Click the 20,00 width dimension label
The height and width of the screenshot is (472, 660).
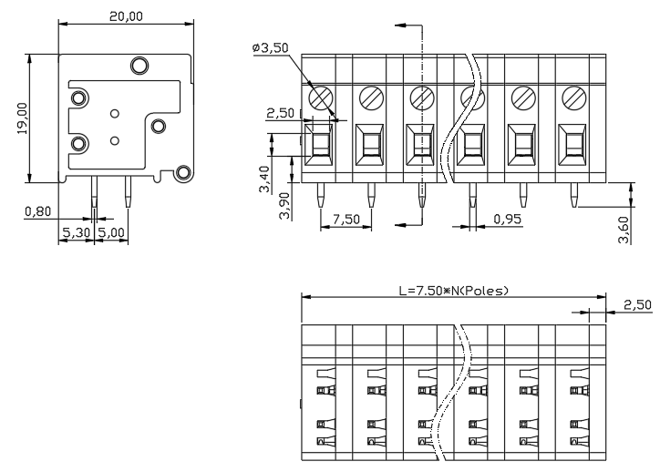(x=126, y=16)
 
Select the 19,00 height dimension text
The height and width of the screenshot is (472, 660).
(x=22, y=118)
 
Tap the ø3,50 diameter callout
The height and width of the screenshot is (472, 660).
(x=271, y=47)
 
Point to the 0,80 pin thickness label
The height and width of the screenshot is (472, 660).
(x=38, y=211)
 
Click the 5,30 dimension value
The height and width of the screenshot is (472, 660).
(x=77, y=232)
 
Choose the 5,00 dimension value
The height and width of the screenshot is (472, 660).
(x=111, y=232)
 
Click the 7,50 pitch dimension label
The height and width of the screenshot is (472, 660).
(x=346, y=220)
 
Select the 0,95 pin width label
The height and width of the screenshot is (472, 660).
(x=507, y=219)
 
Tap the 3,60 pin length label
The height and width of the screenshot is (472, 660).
(x=624, y=230)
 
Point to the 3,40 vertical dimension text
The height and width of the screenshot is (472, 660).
(x=264, y=179)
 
